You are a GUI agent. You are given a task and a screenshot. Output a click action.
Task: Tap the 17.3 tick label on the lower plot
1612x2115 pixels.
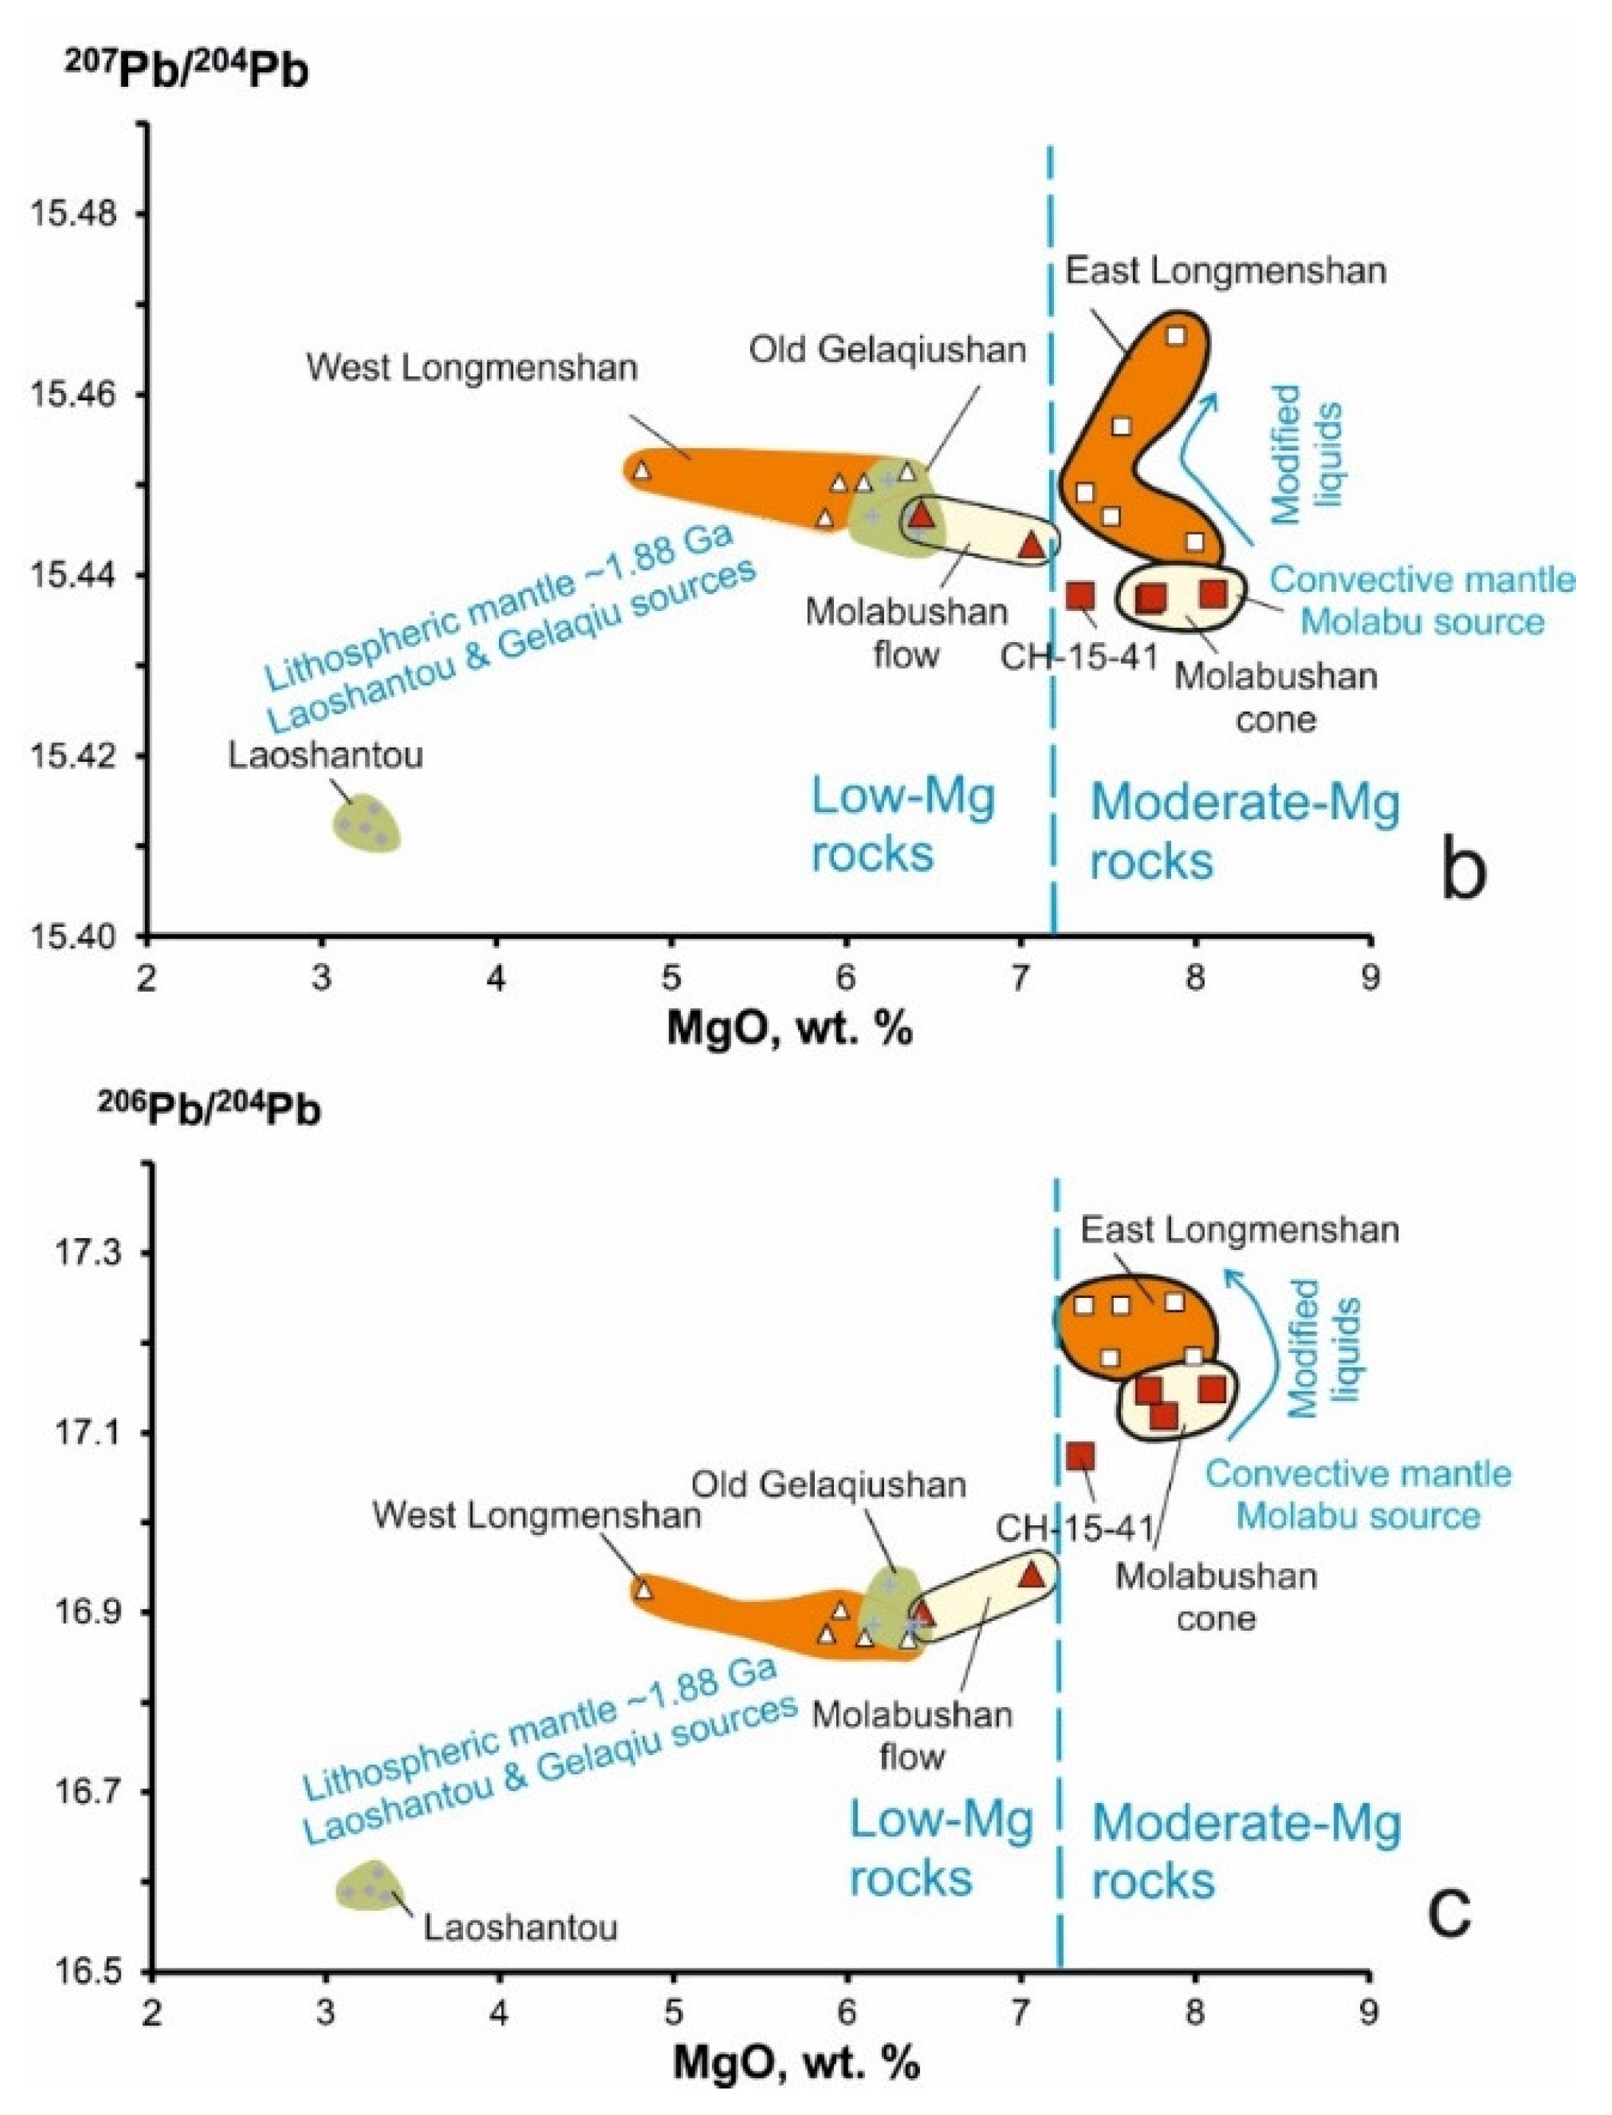tap(88, 1252)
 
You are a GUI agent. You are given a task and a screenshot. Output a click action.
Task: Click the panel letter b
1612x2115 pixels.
tap(1463, 870)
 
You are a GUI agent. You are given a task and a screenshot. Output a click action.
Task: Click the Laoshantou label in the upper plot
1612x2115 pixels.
tap(325, 756)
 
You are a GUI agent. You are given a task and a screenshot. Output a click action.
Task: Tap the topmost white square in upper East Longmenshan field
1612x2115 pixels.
tap(1176, 335)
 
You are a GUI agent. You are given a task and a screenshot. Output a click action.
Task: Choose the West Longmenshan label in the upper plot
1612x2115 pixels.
tap(472, 367)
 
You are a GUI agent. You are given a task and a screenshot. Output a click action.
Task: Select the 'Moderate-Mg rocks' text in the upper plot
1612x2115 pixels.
tap(1245, 831)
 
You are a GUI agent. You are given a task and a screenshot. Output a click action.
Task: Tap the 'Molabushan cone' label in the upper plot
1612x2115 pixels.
tap(1276, 698)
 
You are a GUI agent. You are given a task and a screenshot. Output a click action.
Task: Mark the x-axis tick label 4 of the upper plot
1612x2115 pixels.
tap(497, 984)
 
